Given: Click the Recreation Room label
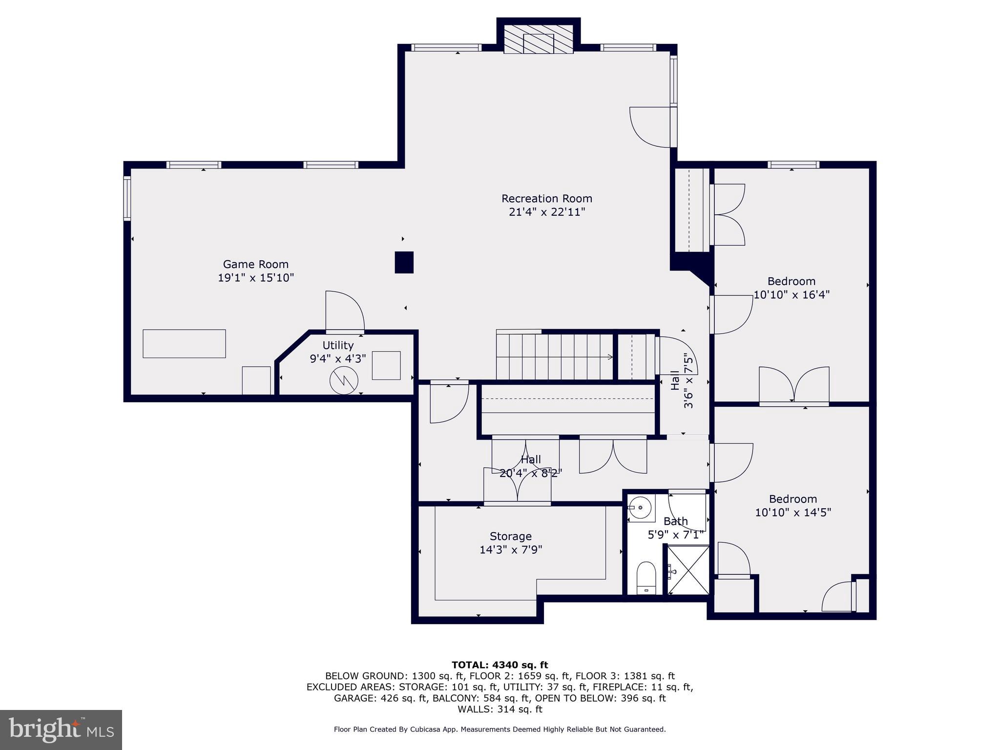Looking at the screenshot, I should [x=546, y=199].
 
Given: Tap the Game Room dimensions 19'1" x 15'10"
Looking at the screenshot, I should [x=255, y=278].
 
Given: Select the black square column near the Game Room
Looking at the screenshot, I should [x=404, y=262].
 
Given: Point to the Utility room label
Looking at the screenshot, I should [x=338, y=345].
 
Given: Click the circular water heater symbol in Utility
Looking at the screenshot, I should [x=344, y=381].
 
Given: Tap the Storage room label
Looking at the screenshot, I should [x=510, y=536].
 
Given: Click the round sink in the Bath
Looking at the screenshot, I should [x=640, y=508].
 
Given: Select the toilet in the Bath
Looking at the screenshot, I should [x=646, y=577].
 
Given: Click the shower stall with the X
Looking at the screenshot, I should [x=688, y=570].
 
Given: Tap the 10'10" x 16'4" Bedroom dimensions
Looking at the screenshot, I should [x=792, y=295].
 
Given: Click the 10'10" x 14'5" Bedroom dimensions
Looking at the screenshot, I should [x=792, y=512].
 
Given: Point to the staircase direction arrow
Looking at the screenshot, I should [x=610, y=357].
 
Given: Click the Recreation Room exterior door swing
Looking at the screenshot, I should [x=650, y=127].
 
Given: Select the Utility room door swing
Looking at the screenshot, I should [x=344, y=311].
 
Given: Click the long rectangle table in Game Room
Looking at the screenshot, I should [x=184, y=344].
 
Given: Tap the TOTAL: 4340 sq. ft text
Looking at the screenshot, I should [x=500, y=665].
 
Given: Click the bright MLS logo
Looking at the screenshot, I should [x=61, y=729].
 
